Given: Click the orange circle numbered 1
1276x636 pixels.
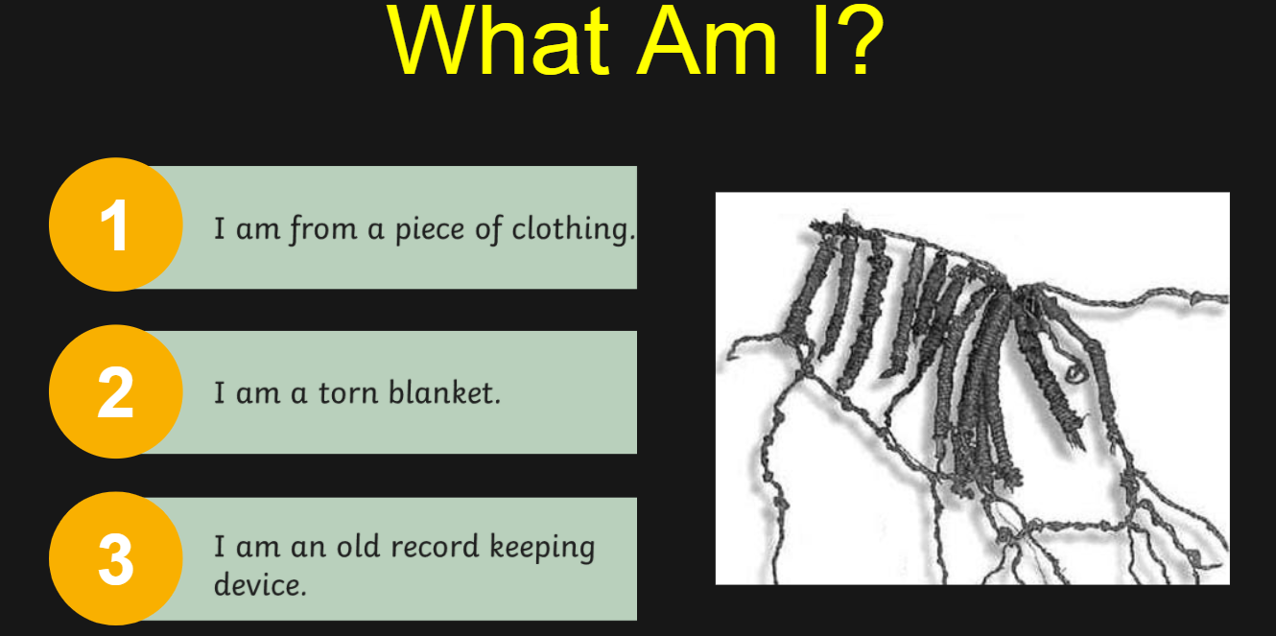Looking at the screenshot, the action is [116, 224].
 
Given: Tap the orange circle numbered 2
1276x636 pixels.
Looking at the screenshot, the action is [116, 391].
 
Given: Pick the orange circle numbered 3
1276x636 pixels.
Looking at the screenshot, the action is [116, 558].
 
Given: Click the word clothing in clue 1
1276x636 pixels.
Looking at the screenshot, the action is [573, 229].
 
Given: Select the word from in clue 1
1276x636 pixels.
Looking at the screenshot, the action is [323, 229].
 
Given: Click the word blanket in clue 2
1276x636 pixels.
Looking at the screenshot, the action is [444, 392].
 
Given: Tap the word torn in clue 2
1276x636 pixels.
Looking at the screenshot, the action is [347, 393].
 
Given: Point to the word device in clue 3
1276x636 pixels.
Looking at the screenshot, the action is [260, 584].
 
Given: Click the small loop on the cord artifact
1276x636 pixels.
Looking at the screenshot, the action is [1076, 373].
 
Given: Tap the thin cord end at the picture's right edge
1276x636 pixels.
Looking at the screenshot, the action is [1222, 297].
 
